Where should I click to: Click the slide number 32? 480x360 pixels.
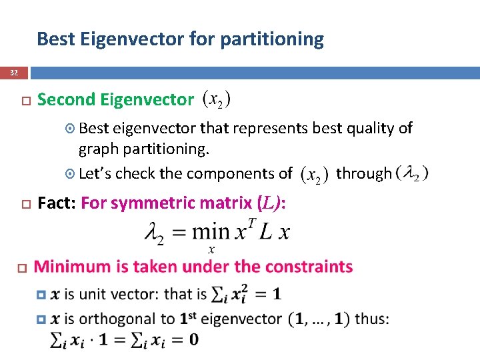(15, 73)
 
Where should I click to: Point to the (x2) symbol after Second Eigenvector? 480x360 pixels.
(217, 100)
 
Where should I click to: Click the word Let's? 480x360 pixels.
(96, 174)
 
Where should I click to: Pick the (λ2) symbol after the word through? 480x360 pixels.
(412, 173)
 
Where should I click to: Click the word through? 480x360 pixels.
(363, 174)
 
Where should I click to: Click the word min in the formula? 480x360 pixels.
(210, 232)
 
